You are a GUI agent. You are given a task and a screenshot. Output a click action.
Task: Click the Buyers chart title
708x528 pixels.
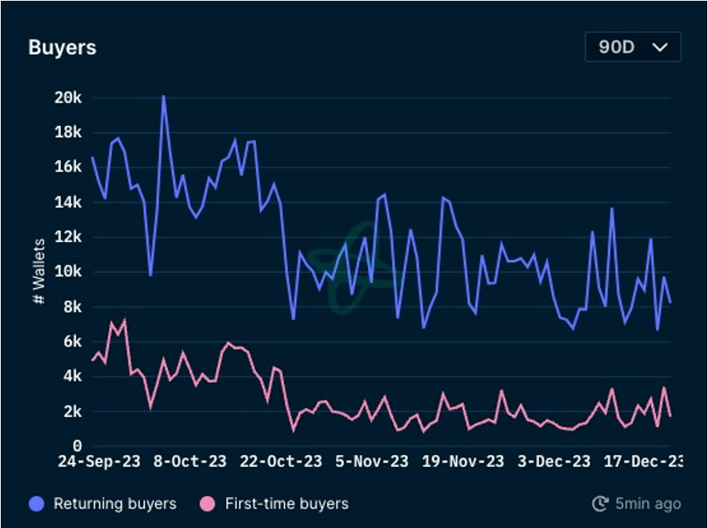(62, 47)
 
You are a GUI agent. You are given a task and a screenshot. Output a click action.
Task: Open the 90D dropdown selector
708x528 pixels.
(632, 47)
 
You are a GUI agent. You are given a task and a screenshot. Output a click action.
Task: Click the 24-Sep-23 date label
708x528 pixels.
(99, 461)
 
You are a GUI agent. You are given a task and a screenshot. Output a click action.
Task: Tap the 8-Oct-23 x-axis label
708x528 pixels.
(190, 461)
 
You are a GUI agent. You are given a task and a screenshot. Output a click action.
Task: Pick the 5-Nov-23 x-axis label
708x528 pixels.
(372, 461)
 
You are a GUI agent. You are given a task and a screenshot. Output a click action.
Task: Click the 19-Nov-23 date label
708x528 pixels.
(463, 461)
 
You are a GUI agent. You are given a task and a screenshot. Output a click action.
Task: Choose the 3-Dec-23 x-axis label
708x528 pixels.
(554, 461)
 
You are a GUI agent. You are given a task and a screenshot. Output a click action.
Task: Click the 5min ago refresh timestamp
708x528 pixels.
(647, 504)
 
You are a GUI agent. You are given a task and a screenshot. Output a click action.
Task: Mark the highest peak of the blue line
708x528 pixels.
(163, 96)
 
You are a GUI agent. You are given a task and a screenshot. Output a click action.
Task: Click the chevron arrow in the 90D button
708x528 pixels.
(660, 47)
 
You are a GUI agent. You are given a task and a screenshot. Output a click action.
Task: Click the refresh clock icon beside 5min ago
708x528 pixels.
(601, 504)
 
